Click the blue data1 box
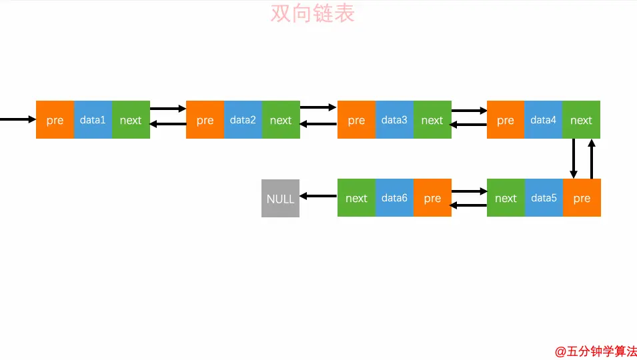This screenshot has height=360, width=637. [x=93, y=120]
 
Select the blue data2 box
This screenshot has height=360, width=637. [x=243, y=120]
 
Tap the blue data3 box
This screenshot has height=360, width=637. [x=394, y=120]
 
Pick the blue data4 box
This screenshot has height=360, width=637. [x=543, y=120]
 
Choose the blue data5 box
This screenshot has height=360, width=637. [x=543, y=198]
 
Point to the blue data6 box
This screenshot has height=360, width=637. [x=394, y=198]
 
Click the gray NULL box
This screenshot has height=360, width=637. [x=280, y=198]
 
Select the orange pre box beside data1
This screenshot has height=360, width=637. [x=55, y=120]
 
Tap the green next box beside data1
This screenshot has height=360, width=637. [x=131, y=120]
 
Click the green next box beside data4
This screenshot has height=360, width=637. [x=581, y=120]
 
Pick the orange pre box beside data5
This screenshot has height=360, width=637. [x=582, y=198]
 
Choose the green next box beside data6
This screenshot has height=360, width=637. [x=356, y=198]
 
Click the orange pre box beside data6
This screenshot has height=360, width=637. [x=432, y=198]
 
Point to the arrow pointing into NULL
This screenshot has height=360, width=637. [x=318, y=196]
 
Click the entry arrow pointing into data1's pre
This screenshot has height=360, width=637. [x=17, y=119]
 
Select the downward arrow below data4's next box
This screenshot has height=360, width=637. [x=573, y=159]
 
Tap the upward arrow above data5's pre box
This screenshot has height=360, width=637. [x=591, y=159]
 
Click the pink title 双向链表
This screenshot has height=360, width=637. [x=312, y=13]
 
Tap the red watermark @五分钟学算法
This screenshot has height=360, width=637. [x=596, y=351]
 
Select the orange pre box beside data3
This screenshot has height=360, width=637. [x=356, y=120]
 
